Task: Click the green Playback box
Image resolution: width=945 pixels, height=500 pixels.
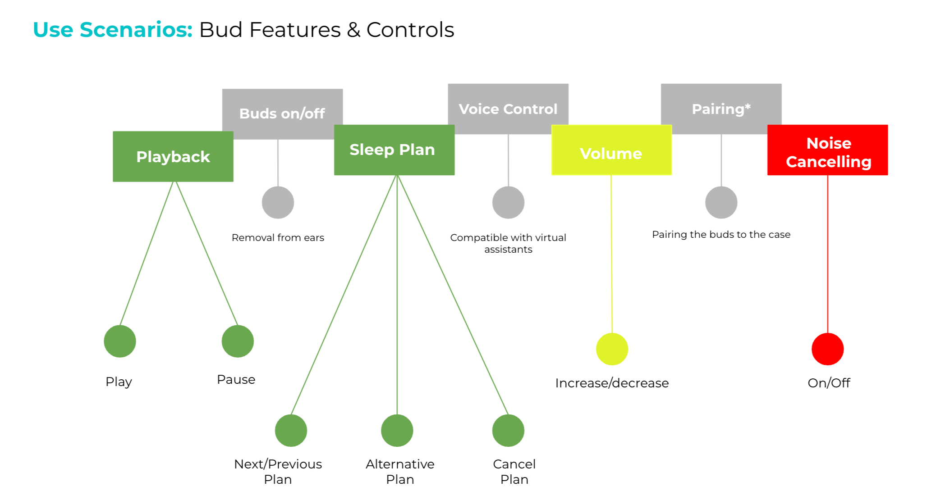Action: (173, 157)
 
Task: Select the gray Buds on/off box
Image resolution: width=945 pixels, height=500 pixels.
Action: (282, 108)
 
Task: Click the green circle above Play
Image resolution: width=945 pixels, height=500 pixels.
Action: (120, 341)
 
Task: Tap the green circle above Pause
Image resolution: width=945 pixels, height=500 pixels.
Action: (238, 341)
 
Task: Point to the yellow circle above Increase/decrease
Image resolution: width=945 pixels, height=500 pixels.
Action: (612, 349)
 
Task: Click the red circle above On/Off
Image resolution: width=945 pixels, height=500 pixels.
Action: (828, 349)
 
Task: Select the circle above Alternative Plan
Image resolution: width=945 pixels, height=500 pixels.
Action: (397, 431)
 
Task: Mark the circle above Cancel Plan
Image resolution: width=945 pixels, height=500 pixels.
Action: (508, 431)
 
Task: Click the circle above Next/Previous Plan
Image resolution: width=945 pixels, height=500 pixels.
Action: (291, 431)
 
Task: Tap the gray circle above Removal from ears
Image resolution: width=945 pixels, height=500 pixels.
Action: (278, 203)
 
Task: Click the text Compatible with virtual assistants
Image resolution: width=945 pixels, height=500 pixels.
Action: (508, 243)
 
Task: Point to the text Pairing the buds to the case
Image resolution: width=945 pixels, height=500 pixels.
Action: (721, 234)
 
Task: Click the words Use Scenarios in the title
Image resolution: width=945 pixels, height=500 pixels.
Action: (113, 30)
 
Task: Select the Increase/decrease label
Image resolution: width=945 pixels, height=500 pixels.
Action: (612, 383)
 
